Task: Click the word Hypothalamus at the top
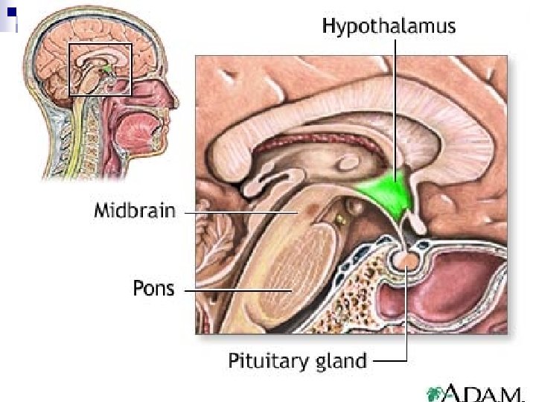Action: (x=389, y=27)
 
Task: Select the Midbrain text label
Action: (x=135, y=211)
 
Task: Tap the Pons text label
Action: (x=153, y=288)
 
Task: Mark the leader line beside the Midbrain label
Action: (x=238, y=211)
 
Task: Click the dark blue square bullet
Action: (x=11, y=12)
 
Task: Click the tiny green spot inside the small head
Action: (x=109, y=69)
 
